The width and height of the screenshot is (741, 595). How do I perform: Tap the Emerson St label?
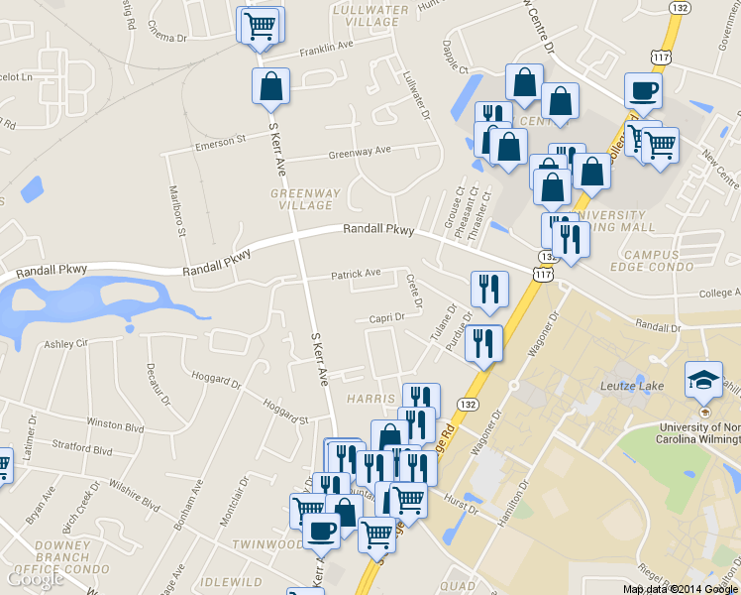220,142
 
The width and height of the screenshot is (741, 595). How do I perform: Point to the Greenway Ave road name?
360,152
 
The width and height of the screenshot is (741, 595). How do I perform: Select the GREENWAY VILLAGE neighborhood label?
306,198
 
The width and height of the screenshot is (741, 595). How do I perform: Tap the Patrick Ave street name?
356,274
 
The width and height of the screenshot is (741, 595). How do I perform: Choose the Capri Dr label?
387,317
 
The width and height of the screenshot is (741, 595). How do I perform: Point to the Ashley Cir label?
66,344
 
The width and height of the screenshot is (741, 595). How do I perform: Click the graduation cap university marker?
703,378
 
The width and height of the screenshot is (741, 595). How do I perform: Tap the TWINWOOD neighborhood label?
267,544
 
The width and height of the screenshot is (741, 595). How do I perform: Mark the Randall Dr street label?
659,326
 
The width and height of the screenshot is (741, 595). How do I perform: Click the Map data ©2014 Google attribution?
681,588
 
